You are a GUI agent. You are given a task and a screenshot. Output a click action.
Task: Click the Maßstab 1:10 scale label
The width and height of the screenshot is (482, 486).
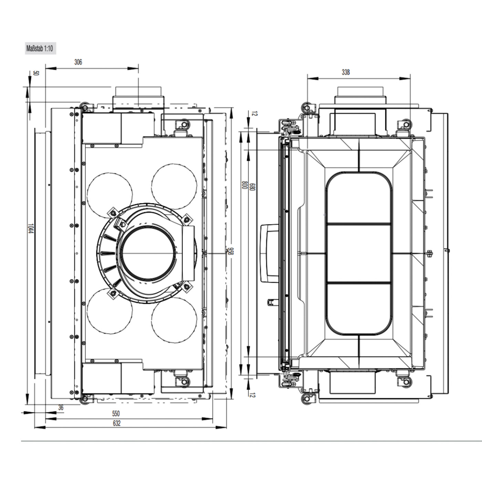pyautogui.click(x=40, y=49)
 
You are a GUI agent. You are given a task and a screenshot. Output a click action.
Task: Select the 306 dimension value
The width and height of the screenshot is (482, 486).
pyautogui.click(x=78, y=62)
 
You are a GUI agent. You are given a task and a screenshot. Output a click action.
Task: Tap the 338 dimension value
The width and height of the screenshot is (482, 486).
pyautogui.click(x=346, y=72)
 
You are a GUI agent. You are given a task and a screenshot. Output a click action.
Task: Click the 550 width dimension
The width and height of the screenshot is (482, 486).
pyautogui.click(x=116, y=414)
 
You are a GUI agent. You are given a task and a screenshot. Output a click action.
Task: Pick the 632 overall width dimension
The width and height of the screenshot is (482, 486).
pyautogui.click(x=117, y=423)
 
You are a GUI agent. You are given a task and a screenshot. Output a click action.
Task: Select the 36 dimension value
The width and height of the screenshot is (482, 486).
pyautogui.click(x=61, y=407)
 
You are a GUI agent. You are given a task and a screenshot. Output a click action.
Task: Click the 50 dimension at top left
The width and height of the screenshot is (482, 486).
pyautogui.click(x=36, y=73)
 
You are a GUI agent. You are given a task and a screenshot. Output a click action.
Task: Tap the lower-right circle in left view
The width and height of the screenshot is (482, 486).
pyautogui.click(x=174, y=321)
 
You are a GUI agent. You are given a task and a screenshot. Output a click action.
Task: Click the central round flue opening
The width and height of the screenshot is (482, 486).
pyautogui.click(x=147, y=254)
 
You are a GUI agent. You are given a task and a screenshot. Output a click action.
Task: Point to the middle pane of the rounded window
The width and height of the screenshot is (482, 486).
pyautogui.click(x=358, y=253)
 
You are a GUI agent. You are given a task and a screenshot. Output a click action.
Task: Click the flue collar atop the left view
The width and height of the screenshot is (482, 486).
pyautogui.click(x=138, y=96)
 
